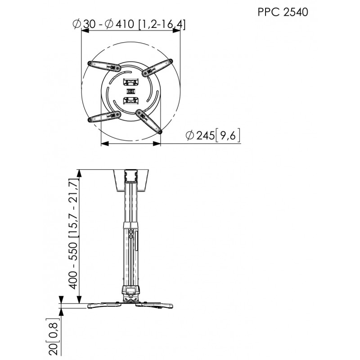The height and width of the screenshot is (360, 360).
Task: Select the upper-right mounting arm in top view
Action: pos(157,66)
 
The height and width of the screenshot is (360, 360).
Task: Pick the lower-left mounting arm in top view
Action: pos(104,117)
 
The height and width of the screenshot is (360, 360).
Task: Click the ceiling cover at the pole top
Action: pos(130,180)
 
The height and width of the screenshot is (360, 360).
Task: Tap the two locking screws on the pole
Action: pos(131,234)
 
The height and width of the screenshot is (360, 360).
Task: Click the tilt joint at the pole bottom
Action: pos(130,297)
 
